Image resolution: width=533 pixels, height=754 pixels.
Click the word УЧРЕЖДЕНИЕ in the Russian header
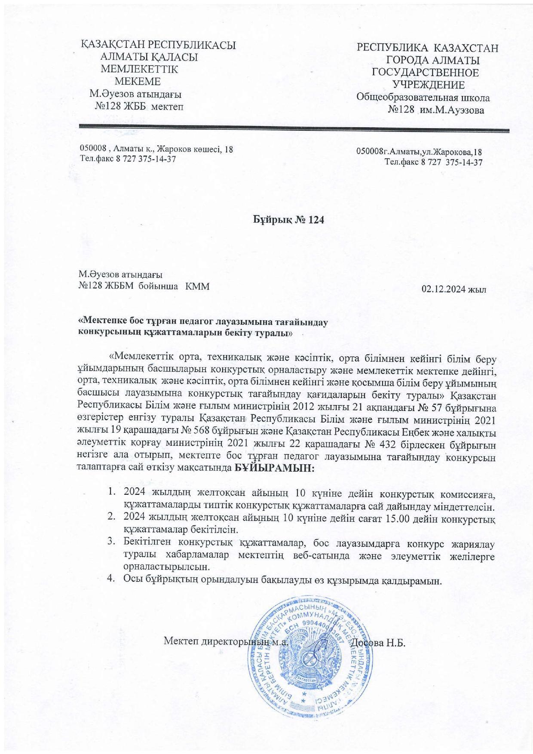429,85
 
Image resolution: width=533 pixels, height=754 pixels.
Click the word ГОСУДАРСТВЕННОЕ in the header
425,73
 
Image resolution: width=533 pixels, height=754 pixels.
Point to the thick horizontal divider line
294,128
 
